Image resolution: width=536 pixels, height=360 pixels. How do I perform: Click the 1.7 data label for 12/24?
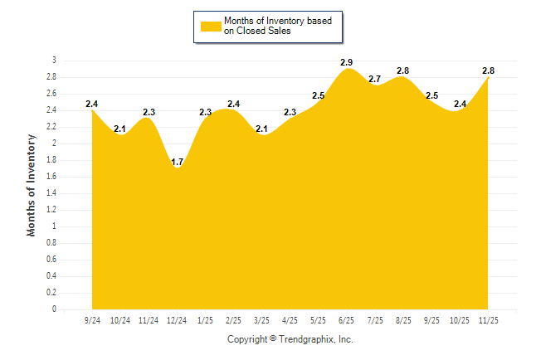(177, 162)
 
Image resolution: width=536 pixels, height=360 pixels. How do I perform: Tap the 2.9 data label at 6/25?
(347, 62)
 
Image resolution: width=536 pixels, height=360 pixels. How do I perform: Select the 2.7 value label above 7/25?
(374, 79)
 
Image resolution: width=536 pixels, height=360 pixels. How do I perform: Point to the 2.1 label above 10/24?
(119, 129)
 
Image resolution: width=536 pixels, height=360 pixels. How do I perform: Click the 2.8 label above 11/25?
(489, 71)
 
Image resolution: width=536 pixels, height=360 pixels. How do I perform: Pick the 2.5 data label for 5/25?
(318, 96)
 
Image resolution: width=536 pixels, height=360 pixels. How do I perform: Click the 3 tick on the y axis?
(54, 61)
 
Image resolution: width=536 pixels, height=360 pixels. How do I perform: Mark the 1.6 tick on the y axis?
(51, 177)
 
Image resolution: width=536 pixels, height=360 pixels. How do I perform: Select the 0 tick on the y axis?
(54, 309)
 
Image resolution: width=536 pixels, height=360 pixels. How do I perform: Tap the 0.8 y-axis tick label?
(51, 243)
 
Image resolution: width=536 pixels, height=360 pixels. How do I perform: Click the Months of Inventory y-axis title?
(32, 185)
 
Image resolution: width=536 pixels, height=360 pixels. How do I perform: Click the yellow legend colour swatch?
(210, 26)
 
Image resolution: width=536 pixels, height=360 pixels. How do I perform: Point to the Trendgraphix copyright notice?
(290, 339)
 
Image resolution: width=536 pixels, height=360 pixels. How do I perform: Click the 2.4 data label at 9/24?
(91, 104)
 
